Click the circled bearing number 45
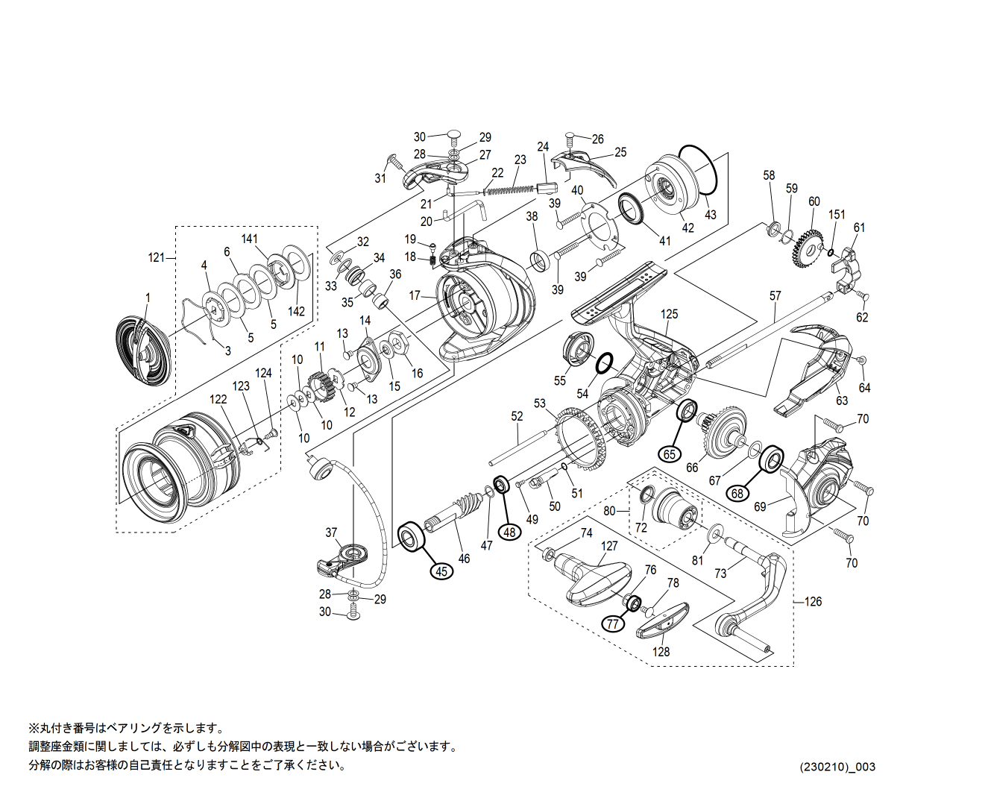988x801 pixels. click(442, 571)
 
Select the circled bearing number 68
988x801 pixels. click(737, 493)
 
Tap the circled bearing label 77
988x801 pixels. click(613, 623)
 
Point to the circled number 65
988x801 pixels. click(669, 453)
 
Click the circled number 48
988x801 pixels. click(509, 532)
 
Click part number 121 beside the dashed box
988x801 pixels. click(156, 258)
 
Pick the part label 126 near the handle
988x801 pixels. click(813, 601)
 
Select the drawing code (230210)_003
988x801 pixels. click(837, 767)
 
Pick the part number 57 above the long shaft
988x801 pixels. click(775, 296)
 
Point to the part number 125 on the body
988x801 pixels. click(669, 314)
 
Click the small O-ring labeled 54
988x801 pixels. click(605, 362)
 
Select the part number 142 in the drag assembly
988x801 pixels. click(296, 311)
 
